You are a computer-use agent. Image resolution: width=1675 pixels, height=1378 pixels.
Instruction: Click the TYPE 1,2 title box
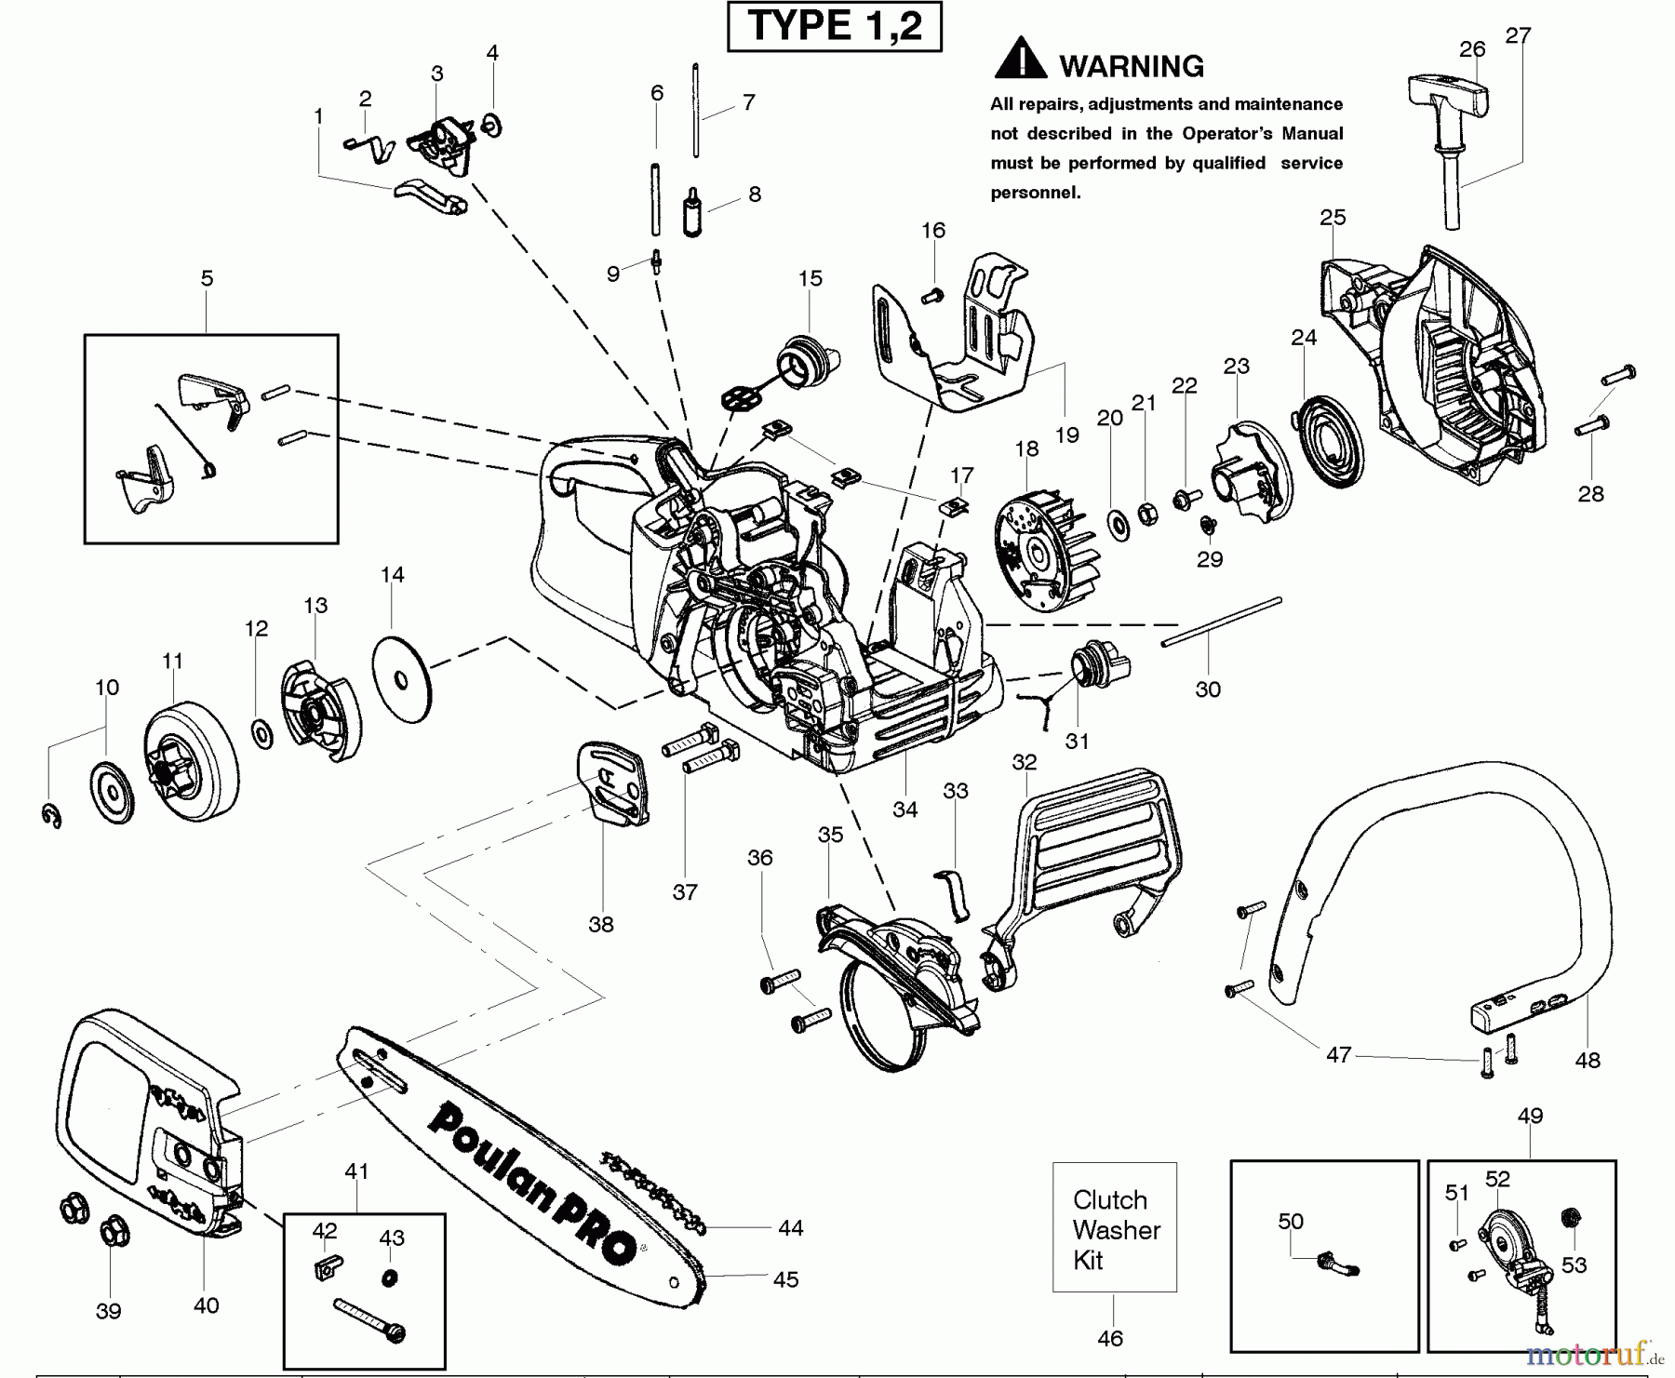[834, 26]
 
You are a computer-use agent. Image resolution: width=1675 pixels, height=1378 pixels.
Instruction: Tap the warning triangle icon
[1020, 60]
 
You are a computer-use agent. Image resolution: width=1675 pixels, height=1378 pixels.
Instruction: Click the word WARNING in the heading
[1132, 66]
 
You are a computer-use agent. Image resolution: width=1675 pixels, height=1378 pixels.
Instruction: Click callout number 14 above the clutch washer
[393, 575]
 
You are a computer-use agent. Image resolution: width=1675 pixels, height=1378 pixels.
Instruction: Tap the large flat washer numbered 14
[402, 680]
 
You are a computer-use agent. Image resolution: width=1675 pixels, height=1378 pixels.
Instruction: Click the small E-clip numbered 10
[52, 816]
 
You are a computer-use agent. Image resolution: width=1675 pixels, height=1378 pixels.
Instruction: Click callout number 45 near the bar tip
[786, 1280]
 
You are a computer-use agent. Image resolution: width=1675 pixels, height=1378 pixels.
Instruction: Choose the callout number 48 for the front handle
[1588, 1060]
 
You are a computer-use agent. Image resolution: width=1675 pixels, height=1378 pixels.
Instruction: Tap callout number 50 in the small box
[1291, 1222]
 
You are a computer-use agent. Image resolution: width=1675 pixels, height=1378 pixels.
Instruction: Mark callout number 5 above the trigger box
[207, 278]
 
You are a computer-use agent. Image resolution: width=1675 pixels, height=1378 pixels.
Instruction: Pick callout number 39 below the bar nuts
[109, 1312]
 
